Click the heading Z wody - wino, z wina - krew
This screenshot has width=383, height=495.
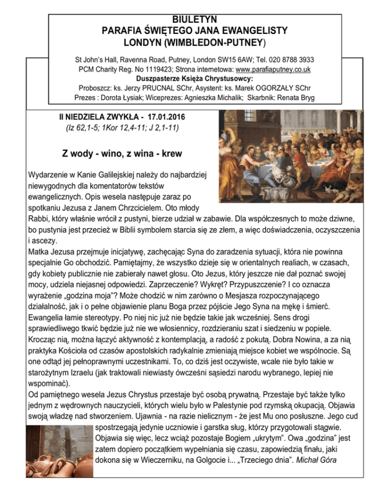coord(122,153)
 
